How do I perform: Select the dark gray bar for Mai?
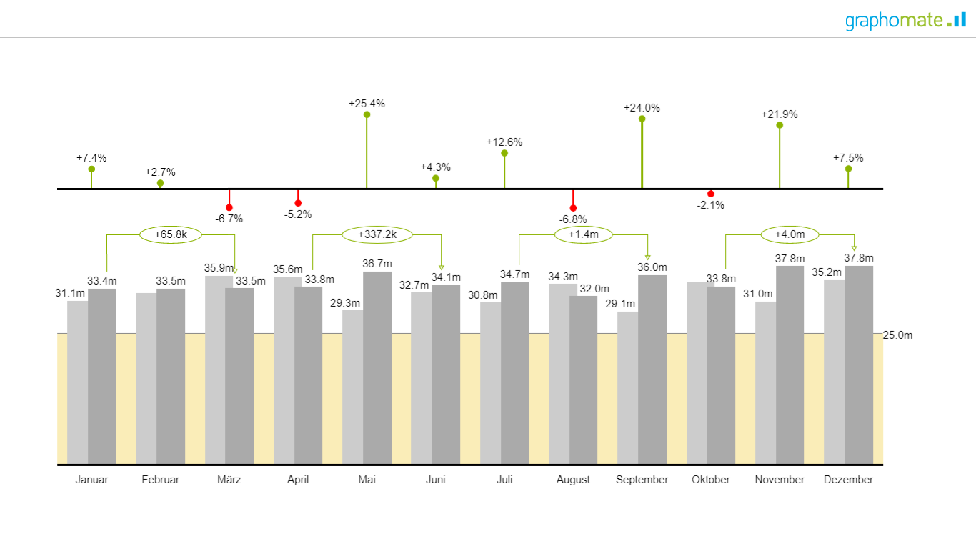[377, 368]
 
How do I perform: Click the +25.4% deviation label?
[367, 104]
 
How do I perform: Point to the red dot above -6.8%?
[573, 208]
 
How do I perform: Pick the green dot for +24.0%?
[642, 119]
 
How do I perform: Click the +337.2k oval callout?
[377, 234]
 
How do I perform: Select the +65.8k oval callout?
[171, 234]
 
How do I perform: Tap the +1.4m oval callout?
[583, 234]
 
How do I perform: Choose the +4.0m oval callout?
[790, 234]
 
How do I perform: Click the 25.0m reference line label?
[897, 335]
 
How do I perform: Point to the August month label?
[573, 480]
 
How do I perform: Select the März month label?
[229, 480]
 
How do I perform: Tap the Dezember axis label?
[848, 480]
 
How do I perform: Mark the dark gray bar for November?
[790, 365]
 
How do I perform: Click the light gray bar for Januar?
[77, 382]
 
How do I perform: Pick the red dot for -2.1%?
[710, 194]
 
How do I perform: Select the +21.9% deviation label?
[779, 114]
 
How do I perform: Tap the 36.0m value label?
[652, 267]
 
